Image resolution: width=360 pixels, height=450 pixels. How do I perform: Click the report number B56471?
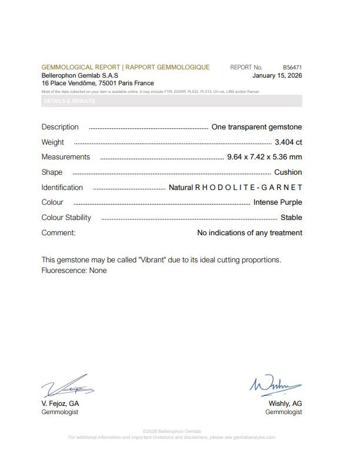click(292, 68)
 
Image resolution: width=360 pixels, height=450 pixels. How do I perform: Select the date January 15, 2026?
click(277, 76)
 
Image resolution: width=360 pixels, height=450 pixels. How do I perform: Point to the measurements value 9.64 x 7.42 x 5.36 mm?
click(264, 157)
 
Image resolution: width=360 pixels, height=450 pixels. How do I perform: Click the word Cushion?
click(288, 172)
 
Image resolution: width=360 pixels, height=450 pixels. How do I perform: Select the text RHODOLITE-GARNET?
click(248, 188)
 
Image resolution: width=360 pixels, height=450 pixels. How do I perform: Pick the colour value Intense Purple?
click(278, 202)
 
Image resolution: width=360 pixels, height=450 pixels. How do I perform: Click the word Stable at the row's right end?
click(291, 218)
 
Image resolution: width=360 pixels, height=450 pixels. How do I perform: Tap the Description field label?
click(60, 127)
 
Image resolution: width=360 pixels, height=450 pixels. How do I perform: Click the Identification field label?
click(62, 188)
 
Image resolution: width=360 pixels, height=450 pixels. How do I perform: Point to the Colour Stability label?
click(66, 218)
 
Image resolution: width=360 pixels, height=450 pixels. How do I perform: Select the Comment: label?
click(59, 233)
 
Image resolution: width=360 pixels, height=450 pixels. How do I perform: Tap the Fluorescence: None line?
click(74, 271)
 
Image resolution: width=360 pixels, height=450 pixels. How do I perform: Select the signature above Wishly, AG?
click(276, 385)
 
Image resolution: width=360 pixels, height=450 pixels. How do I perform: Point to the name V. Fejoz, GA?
click(60, 404)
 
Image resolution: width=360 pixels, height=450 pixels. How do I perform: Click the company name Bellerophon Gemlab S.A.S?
click(80, 76)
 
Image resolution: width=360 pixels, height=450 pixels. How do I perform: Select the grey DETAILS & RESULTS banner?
click(172, 101)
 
